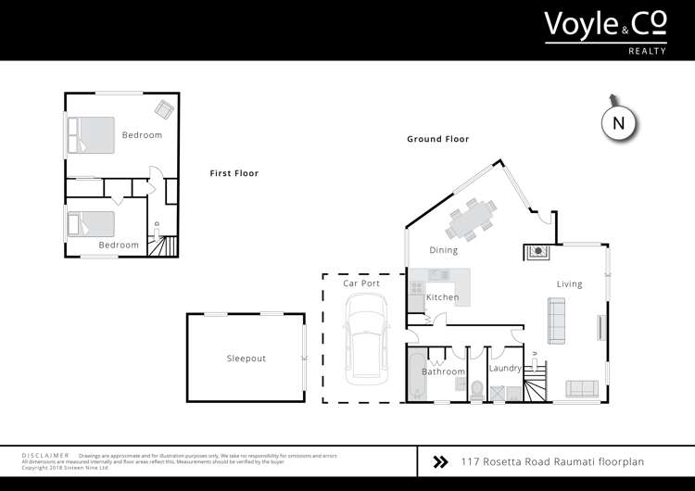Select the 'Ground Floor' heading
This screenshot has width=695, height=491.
[x=437, y=139]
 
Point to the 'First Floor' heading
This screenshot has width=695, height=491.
[x=234, y=173]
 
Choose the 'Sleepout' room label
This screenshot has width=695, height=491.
[x=246, y=359]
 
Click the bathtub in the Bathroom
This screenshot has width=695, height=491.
[x=415, y=374]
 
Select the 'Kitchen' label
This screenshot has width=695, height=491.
[x=442, y=296]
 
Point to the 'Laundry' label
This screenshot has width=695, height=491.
[x=505, y=368]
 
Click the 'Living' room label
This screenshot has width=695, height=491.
[x=569, y=283]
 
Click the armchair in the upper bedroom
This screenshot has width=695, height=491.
[x=164, y=109]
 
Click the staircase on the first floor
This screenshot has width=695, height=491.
[x=164, y=247]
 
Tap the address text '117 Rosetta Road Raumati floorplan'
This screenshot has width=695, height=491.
[x=551, y=460]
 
